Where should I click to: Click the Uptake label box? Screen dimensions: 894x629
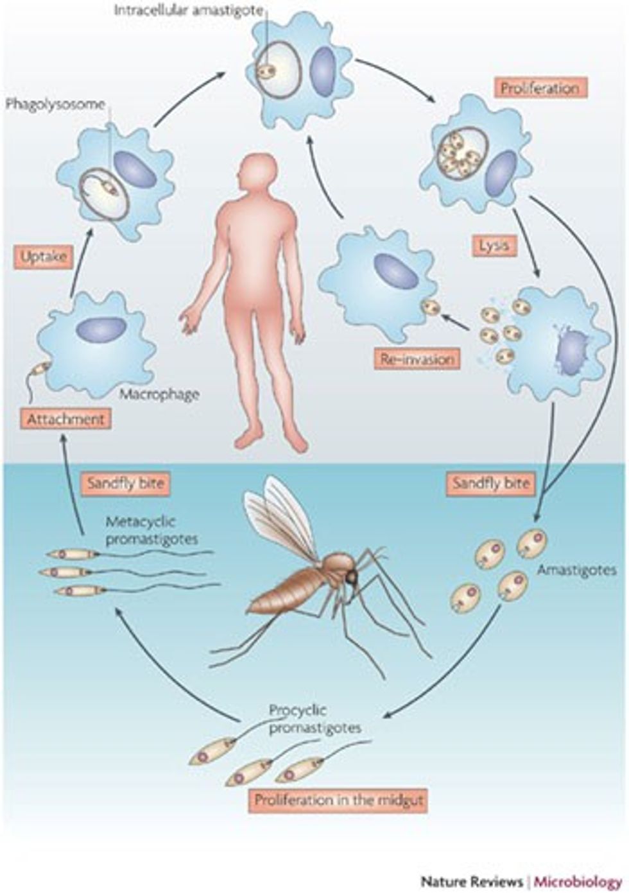44,257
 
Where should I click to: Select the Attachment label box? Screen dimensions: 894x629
65,419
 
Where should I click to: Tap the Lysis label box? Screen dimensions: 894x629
494,246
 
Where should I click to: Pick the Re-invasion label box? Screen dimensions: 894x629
417,359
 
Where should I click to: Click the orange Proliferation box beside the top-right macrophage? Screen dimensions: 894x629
540,88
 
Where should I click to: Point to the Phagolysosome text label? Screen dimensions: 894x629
55,105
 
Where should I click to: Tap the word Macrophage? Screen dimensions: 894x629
159,394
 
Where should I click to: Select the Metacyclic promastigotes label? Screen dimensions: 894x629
151,531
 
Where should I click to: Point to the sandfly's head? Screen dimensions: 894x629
352,576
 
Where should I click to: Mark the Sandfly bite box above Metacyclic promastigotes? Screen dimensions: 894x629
126,483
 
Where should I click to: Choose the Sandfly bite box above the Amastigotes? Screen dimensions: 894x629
491,483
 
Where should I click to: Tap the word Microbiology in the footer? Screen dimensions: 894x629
578,881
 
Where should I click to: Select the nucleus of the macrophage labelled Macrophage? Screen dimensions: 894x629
101,329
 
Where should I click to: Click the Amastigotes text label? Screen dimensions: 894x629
576,570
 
